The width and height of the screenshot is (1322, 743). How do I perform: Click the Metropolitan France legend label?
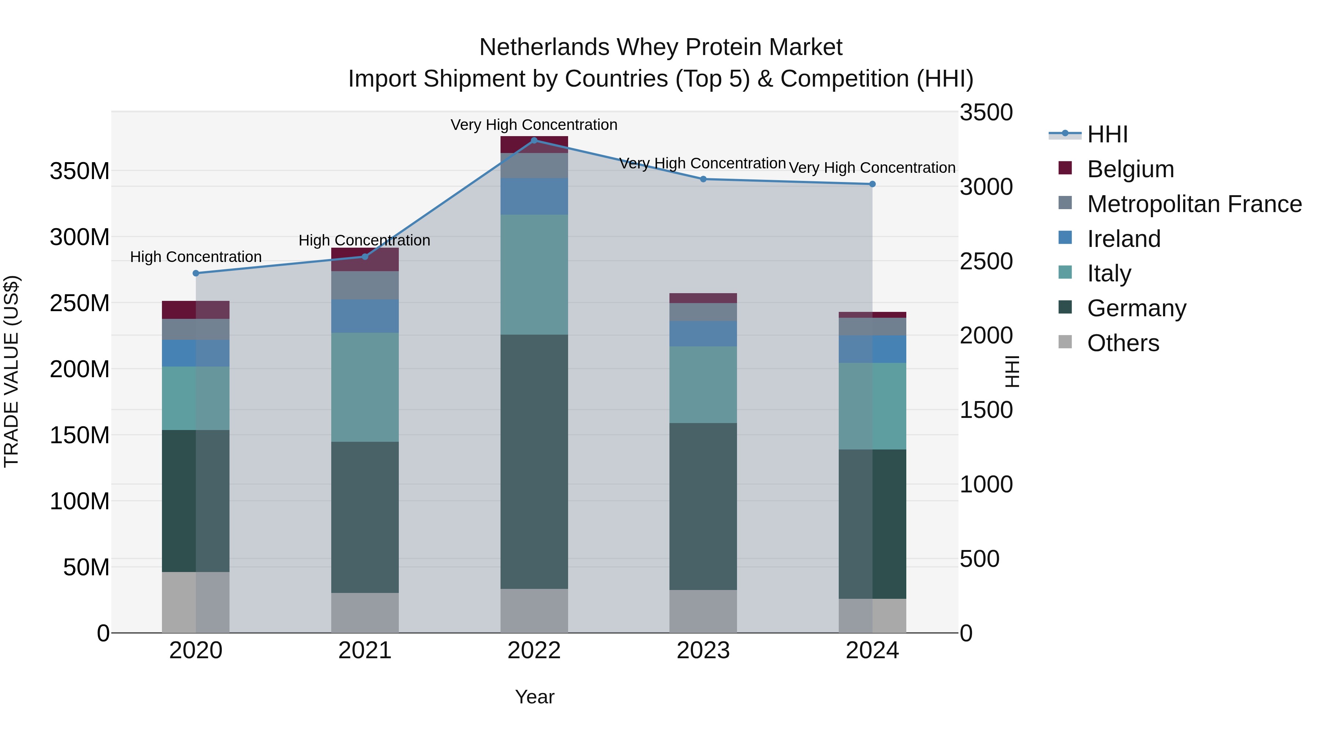click(1194, 204)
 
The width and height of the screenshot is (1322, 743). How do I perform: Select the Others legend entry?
click(1123, 343)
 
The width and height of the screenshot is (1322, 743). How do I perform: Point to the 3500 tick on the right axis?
click(986, 113)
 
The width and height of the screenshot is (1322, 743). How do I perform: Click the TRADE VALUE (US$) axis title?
click(11, 371)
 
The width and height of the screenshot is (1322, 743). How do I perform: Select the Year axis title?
click(534, 697)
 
